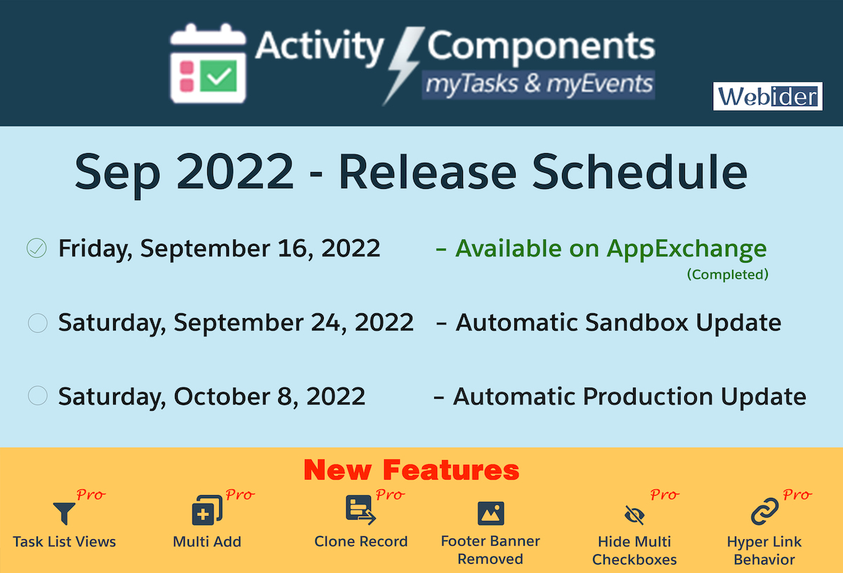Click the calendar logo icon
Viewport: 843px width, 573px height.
(209, 65)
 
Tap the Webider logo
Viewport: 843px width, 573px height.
(767, 96)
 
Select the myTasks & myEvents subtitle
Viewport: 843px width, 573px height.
(538, 84)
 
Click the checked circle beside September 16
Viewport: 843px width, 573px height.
(37, 248)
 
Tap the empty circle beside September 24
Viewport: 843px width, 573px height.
(37, 323)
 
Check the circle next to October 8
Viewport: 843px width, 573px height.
(37, 396)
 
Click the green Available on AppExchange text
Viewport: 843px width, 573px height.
(610, 249)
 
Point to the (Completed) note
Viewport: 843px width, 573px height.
(727, 275)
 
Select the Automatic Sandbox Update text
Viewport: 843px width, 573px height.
(618, 323)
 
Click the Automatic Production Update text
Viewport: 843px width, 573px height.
(629, 397)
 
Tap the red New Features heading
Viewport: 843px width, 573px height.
(412, 470)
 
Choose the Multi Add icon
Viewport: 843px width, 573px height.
(207, 511)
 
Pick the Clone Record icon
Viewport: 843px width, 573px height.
(360, 510)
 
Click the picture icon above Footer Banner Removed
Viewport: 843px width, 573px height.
(490, 513)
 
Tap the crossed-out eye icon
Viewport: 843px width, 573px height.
(634, 516)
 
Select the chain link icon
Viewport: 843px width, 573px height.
(764, 513)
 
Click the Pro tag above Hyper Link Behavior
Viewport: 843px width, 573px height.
(797, 495)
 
